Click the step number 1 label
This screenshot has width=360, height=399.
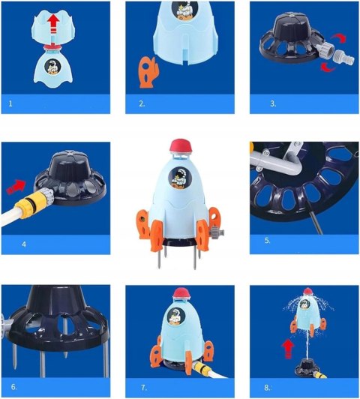(10, 103)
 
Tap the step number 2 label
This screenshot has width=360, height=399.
(142, 103)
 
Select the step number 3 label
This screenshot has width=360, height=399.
(273, 103)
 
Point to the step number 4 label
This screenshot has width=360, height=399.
(24, 244)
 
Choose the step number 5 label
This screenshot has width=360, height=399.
(268, 240)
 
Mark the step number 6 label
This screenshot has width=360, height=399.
(14, 387)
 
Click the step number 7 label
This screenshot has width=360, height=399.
(144, 388)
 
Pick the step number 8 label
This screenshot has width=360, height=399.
(268, 388)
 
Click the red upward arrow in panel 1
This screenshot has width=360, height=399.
(54, 24)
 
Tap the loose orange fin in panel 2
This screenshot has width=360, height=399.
(148, 73)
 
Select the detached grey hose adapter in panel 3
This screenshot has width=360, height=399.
(343, 58)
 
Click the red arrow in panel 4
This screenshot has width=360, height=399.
(16, 187)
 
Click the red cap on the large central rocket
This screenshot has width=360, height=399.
(181, 147)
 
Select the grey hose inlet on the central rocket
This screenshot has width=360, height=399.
(217, 231)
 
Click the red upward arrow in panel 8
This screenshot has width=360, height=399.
(288, 349)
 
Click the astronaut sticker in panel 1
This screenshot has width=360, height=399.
(52, 67)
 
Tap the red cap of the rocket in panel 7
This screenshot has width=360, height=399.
(182, 294)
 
